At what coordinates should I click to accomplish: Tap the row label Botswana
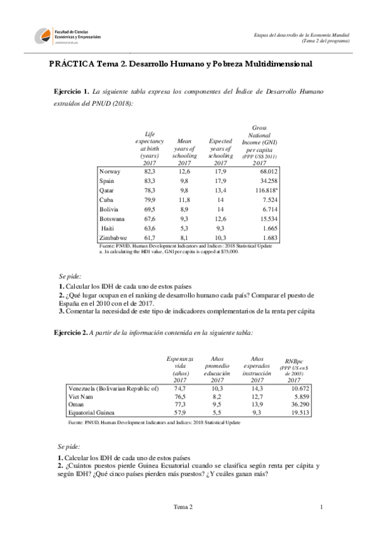point(112,218)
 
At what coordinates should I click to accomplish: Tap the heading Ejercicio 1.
point(72,92)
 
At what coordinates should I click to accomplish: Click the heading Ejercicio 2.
point(72,332)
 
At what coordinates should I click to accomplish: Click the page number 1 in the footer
point(321,507)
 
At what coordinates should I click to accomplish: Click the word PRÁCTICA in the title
point(72,64)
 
